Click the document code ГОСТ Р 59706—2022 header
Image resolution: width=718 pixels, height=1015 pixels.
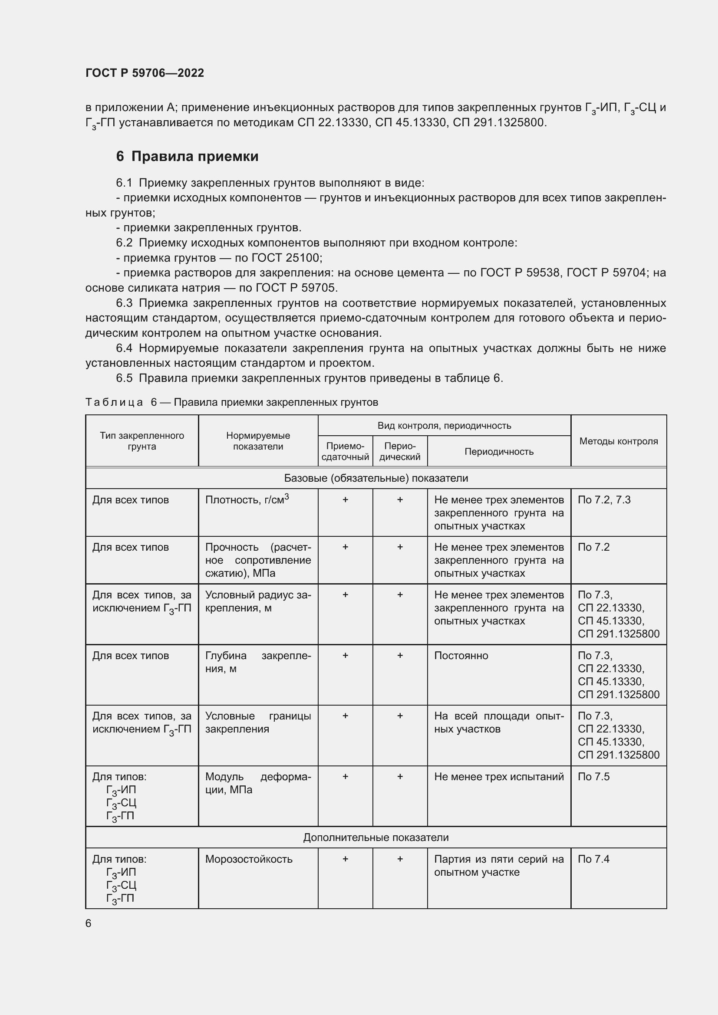145,73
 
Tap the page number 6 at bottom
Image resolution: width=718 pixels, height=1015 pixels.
89,923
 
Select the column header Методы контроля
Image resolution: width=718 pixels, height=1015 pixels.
618,441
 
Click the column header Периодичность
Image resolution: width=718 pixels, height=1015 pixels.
499,451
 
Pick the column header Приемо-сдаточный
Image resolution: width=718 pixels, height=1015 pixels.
345,451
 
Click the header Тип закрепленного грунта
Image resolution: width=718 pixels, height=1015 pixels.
142,441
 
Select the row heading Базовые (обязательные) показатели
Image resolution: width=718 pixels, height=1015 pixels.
376,478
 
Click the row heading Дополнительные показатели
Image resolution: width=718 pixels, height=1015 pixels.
376,837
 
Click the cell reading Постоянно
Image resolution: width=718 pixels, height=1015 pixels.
461,656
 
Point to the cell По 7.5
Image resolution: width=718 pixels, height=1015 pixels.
593,777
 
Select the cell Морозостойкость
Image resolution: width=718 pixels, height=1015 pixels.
248,859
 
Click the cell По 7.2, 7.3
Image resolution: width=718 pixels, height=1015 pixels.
604,499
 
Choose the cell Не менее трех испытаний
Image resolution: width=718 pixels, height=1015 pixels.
499,777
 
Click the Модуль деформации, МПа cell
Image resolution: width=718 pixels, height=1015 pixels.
258,783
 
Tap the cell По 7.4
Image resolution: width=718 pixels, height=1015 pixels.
593,859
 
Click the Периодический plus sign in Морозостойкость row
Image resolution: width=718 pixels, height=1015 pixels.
400,859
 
